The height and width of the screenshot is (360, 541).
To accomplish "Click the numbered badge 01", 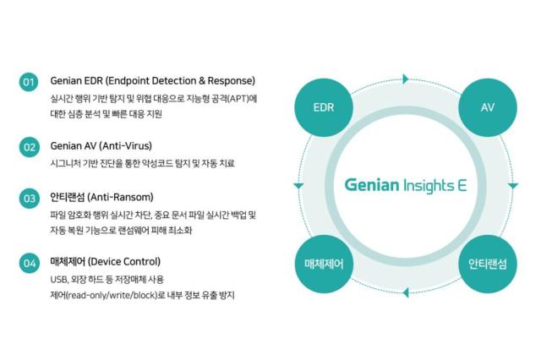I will (x=29, y=82).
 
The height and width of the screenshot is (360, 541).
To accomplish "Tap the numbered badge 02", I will (x=29, y=146).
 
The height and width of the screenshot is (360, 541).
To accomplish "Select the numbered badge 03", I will (x=29, y=199).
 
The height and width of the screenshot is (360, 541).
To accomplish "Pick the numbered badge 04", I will (x=29, y=263).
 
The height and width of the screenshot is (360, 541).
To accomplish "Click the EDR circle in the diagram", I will (x=323, y=108).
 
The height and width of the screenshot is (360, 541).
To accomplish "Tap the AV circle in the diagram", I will (x=487, y=108).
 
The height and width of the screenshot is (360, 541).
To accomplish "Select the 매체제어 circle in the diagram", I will (x=323, y=264).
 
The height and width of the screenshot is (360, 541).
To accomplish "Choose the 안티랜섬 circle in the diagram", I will (x=487, y=264).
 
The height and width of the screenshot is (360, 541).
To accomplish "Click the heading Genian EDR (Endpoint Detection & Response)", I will (x=152, y=81).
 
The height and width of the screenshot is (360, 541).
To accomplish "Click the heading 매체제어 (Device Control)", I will (x=105, y=261).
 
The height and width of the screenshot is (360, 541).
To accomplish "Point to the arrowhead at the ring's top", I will (x=405, y=79).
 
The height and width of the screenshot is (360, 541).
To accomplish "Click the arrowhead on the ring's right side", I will (x=512, y=186).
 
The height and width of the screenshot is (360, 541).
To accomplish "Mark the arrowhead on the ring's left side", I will (x=298, y=186).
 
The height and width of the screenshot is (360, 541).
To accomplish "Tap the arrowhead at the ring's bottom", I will (x=405, y=292).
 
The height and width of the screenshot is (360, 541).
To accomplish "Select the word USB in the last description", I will (x=58, y=280).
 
